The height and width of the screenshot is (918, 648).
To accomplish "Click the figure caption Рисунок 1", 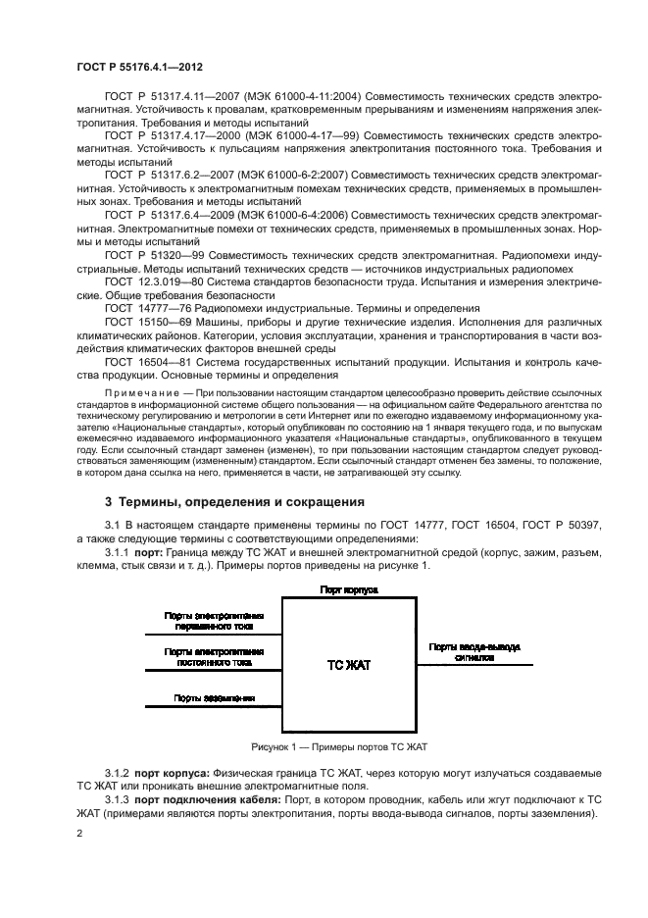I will coord(339,746).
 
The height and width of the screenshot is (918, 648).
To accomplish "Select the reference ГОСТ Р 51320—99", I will coord(147,254).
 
